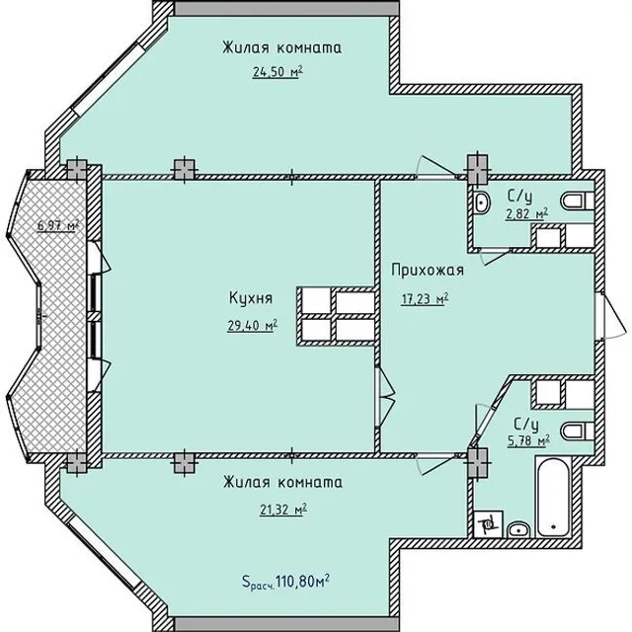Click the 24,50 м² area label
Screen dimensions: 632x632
277,72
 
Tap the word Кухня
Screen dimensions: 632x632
251,298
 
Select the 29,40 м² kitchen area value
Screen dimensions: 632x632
253,325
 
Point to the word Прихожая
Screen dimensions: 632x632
428,270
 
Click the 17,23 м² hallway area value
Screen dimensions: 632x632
425,299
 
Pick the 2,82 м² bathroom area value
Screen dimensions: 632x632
526,214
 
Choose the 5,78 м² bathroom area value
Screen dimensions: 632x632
529,442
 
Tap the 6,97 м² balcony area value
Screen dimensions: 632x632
58,225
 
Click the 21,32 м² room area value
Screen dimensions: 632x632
283,510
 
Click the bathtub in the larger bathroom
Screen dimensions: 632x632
553,497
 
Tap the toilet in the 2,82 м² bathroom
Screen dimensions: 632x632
577,200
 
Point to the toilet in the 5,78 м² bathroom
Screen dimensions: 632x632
578,431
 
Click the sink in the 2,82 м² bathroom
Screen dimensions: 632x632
481,201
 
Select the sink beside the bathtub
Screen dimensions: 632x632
518,529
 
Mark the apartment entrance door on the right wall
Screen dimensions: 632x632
610,316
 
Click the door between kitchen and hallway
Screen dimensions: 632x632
384,396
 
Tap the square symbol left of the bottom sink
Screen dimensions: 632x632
488,524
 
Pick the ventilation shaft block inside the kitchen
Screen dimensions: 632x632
337,316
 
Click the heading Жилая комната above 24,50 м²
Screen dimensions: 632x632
281,47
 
